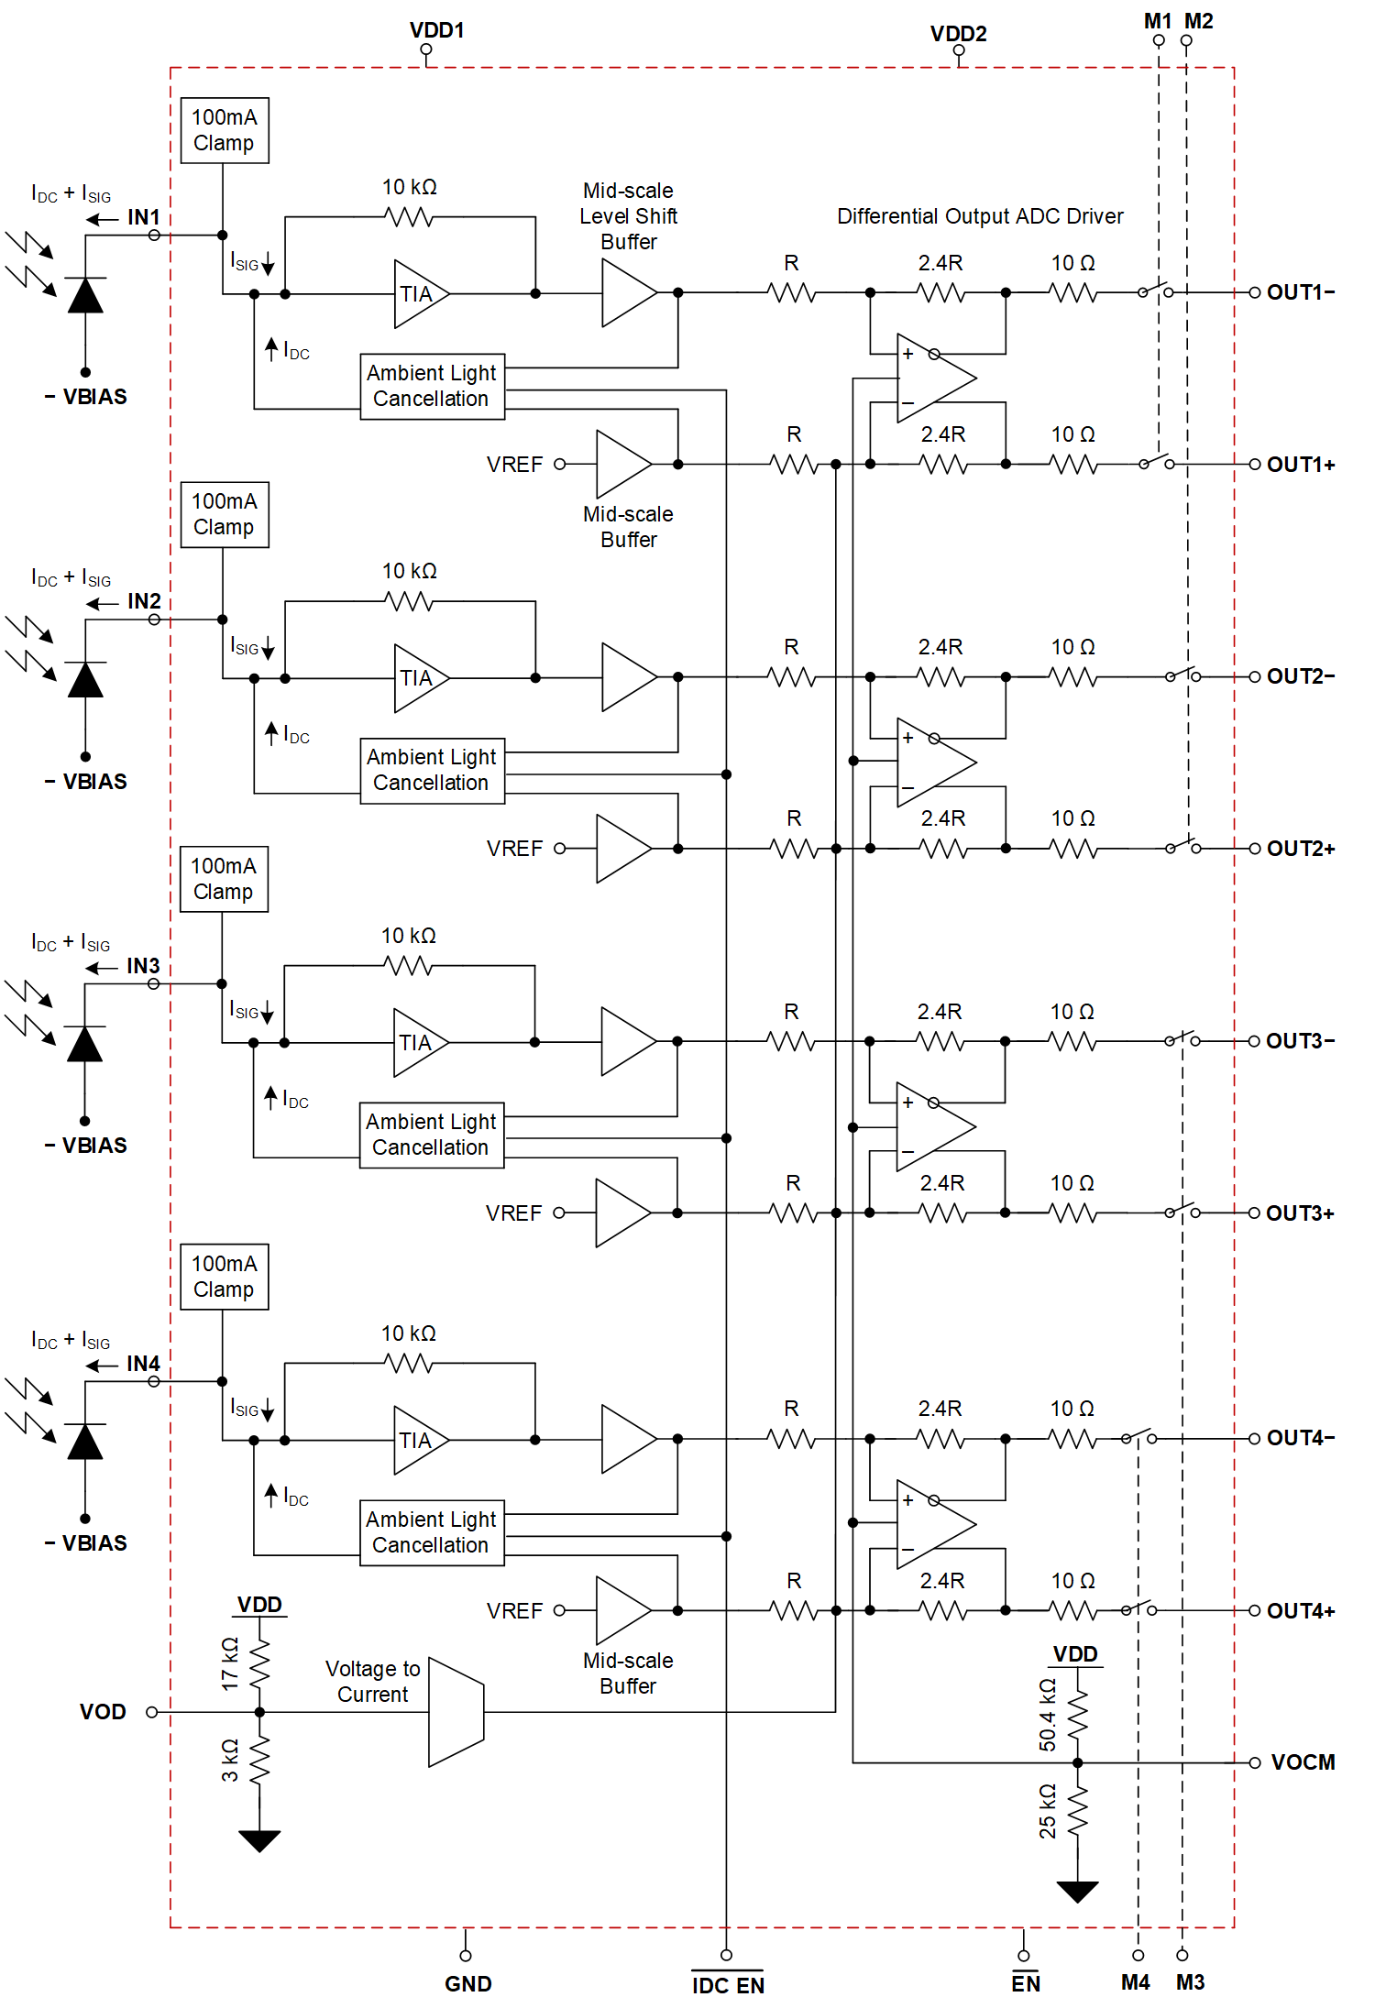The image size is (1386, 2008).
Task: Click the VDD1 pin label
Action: [436, 30]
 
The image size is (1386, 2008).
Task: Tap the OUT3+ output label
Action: [1299, 1213]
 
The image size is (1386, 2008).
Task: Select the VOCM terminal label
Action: [1302, 1762]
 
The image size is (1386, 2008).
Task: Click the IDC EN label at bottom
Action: [727, 1985]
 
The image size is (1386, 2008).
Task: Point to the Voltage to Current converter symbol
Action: [456, 1712]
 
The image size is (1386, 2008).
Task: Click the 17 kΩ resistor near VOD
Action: [259, 1663]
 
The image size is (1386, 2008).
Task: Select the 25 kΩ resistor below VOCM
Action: [1077, 1810]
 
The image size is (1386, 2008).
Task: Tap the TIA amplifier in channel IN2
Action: [420, 678]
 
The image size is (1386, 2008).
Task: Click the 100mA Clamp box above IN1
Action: [225, 130]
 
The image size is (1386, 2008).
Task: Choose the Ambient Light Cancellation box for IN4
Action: [431, 1532]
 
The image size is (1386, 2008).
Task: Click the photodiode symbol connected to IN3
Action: [84, 1045]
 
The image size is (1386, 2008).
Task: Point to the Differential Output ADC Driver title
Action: [979, 216]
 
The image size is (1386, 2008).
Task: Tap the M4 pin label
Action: [1135, 1982]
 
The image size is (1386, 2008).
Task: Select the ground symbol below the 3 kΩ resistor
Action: [259, 1840]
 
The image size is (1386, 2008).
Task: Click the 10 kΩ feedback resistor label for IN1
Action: [409, 187]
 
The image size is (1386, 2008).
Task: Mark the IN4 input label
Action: [143, 1364]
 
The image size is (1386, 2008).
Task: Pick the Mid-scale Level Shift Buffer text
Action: [628, 216]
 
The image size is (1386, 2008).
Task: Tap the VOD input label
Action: [103, 1712]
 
